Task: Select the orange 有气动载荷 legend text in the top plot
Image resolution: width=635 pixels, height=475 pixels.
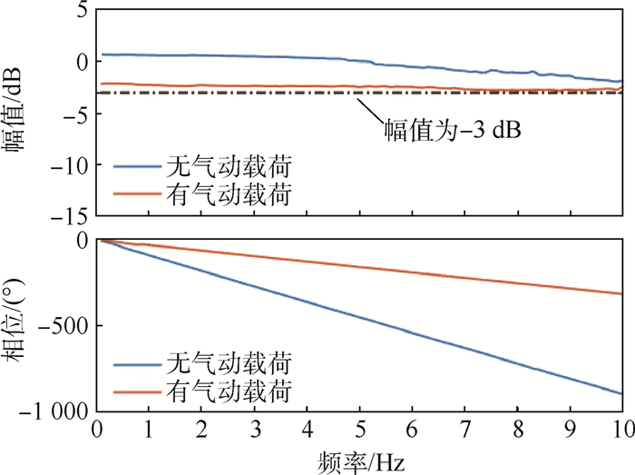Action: coord(230,193)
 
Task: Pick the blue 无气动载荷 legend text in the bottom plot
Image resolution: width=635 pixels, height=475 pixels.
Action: coord(230,365)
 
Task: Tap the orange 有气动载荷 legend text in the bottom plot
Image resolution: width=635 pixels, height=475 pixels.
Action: coord(230,391)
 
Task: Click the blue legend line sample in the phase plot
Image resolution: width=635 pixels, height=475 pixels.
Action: coord(137,365)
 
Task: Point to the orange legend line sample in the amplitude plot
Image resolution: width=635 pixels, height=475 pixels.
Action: coord(137,193)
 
